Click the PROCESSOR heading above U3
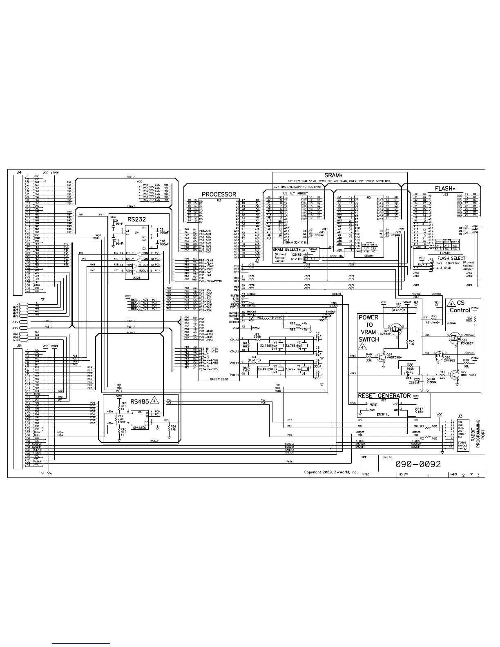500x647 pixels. click(x=219, y=194)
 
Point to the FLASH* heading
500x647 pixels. click(x=445, y=189)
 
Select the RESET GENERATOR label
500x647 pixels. click(x=384, y=396)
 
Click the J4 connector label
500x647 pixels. click(x=19, y=173)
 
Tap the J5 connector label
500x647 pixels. click(x=19, y=346)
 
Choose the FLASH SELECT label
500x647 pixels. click(x=451, y=258)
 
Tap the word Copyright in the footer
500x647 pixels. click(x=314, y=472)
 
